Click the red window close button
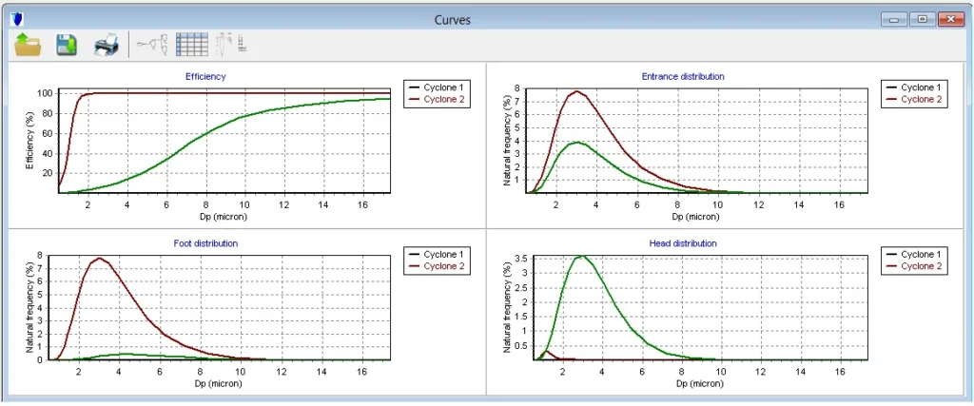(x=951, y=19)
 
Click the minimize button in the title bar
(x=893, y=19)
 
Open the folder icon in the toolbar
(x=27, y=45)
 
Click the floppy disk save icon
(x=66, y=45)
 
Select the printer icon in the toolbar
(x=106, y=45)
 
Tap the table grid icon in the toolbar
(x=192, y=45)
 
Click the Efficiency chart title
(x=205, y=76)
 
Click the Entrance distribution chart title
(x=683, y=76)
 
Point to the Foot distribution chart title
(x=205, y=243)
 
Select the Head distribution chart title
(x=683, y=243)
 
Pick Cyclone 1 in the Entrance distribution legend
(x=921, y=87)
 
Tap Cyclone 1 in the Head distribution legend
(x=921, y=255)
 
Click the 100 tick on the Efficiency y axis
(x=44, y=93)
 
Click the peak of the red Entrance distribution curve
(x=576, y=91)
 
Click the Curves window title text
(x=452, y=19)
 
